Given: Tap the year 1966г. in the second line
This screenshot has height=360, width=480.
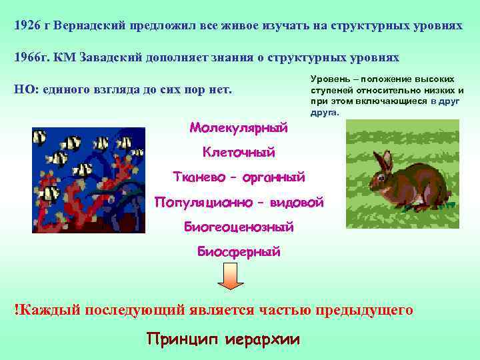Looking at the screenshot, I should pyautogui.click(x=31, y=57).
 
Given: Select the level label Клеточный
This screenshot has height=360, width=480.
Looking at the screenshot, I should pyautogui.click(x=239, y=153).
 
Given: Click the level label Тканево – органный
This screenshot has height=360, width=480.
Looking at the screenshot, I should pyautogui.click(x=239, y=177).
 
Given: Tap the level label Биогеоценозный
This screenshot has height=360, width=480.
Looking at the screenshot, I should pyautogui.click(x=239, y=227).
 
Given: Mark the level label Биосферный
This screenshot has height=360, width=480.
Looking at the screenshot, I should pyautogui.click(x=239, y=252).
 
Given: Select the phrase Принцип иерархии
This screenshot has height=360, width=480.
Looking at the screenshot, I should pyautogui.click(x=223, y=339).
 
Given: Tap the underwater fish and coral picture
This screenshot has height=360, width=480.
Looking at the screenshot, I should pyautogui.click(x=89, y=180).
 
